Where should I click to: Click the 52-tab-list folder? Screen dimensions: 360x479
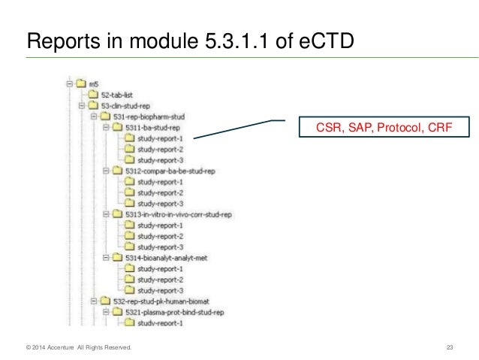(116, 95)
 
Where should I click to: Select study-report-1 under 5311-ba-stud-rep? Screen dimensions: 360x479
(161, 138)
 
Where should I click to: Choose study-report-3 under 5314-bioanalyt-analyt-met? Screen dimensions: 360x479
(161, 290)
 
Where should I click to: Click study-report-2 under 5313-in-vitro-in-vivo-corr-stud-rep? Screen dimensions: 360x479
(161, 236)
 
